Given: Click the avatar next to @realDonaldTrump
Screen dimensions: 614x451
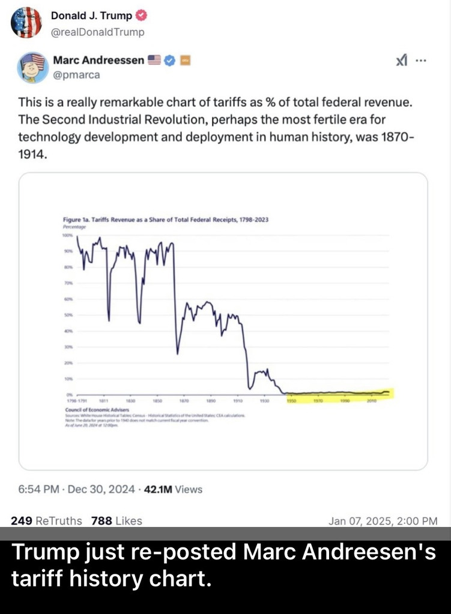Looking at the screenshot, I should coord(26,22).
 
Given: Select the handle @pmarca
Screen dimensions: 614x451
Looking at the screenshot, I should coord(76,75).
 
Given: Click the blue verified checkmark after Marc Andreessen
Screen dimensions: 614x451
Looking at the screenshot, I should coord(170,60).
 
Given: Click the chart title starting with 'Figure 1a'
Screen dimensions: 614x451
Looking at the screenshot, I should coord(165,219).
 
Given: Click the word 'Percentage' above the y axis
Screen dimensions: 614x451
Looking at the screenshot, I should coord(75,227).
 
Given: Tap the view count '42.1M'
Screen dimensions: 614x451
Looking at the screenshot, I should coord(159,489).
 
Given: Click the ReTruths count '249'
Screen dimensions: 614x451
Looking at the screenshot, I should coord(22,520).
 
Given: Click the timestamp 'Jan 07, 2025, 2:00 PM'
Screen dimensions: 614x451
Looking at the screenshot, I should coord(383,521).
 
